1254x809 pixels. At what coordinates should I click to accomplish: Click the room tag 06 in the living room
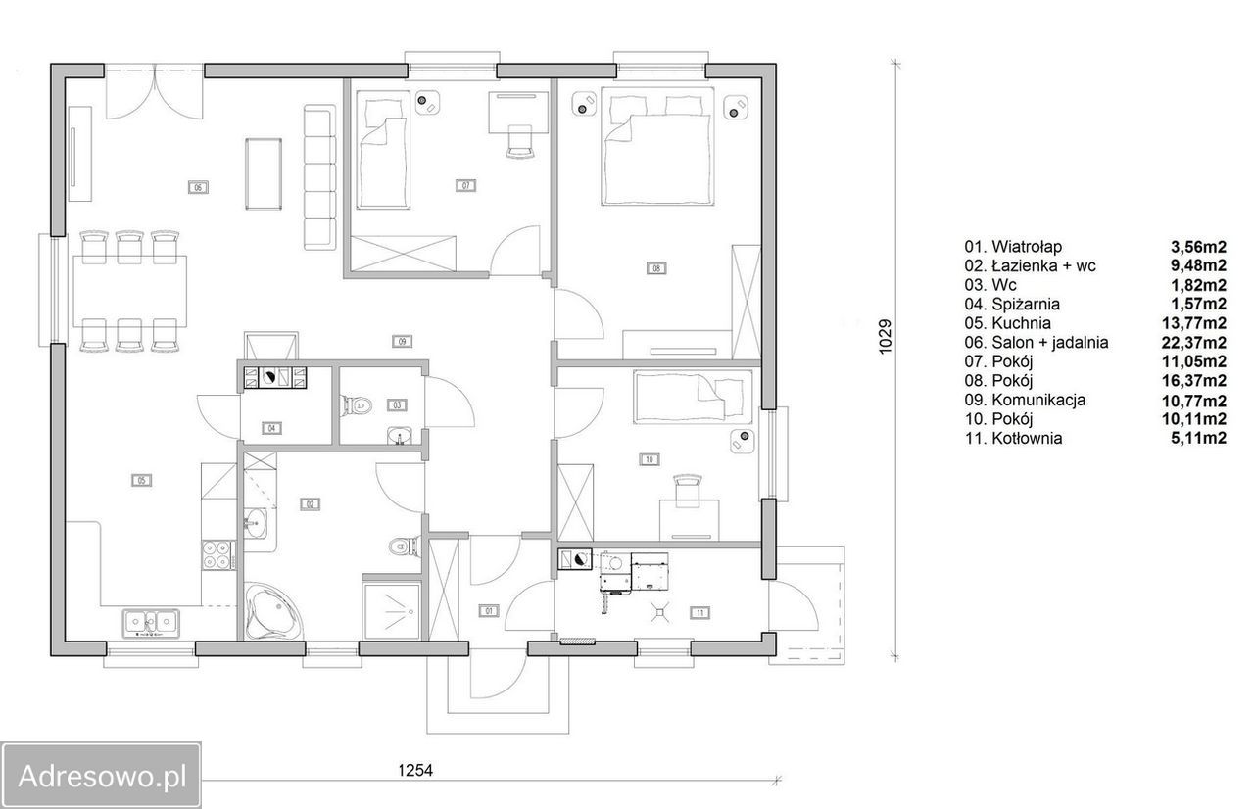click(198, 187)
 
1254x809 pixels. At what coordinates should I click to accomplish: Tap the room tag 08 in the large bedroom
click(656, 268)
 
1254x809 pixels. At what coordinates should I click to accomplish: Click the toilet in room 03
click(357, 404)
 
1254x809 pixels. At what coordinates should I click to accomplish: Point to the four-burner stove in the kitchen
click(217, 554)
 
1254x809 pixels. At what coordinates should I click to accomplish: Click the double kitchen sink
click(151, 623)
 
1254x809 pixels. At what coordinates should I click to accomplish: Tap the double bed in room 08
click(657, 146)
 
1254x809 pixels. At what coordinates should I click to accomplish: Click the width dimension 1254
click(415, 771)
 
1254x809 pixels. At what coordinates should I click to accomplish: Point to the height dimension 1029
click(885, 336)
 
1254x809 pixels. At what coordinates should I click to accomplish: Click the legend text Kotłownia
click(1027, 438)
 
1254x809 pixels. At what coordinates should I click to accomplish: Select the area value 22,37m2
click(1198, 342)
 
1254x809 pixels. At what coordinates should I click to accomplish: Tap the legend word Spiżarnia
click(1026, 305)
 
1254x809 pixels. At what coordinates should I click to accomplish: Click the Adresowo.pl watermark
click(102, 776)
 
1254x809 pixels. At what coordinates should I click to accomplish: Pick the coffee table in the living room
click(264, 174)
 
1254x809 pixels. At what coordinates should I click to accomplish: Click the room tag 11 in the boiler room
click(699, 612)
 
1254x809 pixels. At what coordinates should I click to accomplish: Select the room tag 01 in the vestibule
click(489, 610)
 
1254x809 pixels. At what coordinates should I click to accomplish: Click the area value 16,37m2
click(1198, 380)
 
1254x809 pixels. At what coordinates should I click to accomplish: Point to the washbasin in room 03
click(399, 435)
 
